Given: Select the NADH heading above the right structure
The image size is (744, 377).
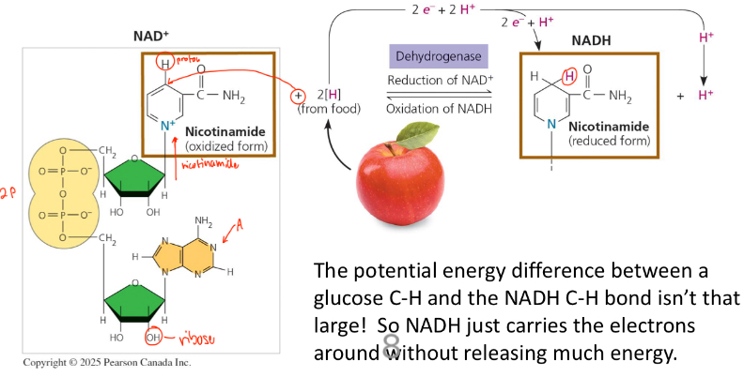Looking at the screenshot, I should click(590, 41).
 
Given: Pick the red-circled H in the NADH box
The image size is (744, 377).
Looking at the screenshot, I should click(567, 75).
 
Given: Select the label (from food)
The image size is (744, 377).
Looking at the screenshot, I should click(322, 110).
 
